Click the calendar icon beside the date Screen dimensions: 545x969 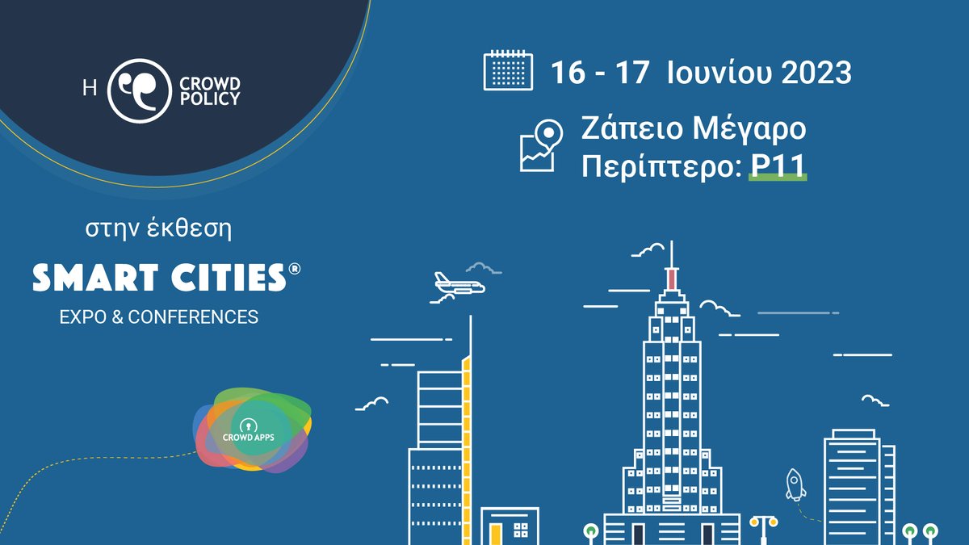click(x=508, y=70)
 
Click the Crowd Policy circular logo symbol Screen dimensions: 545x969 click(x=139, y=90)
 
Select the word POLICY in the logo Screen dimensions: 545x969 click(x=209, y=99)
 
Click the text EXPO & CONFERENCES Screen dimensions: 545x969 click(x=159, y=317)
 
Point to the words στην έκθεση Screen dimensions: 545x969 click(x=159, y=229)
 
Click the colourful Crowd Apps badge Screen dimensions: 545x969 click(x=253, y=430)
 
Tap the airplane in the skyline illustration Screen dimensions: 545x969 click(x=458, y=283)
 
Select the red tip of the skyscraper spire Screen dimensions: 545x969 click(x=671, y=279)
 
